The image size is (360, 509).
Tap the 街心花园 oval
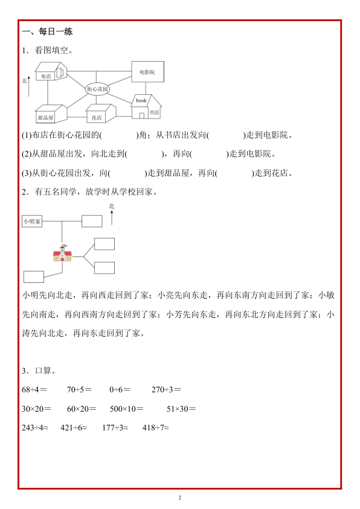pyautogui.click(x=97, y=89)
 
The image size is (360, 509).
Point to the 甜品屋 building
pyautogui.click(x=50, y=114)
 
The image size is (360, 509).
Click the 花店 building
pyautogui.click(x=100, y=114)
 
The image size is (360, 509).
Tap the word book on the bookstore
pyautogui.click(x=141, y=100)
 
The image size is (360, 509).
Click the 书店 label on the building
pyautogui.click(x=154, y=112)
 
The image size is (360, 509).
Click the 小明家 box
pyautogui.click(x=32, y=222)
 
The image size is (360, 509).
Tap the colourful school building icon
pyautogui.click(x=62, y=254)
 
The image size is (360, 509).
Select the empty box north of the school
pyautogui.click(x=92, y=220)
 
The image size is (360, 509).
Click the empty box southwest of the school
pyautogui.click(x=34, y=276)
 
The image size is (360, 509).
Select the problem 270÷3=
pyautogui.click(x=166, y=389)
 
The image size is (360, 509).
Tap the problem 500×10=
pyautogui.click(x=126, y=409)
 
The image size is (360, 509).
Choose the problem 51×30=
pyautogui.click(x=181, y=409)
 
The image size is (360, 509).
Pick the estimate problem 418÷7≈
pyautogui.click(x=156, y=428)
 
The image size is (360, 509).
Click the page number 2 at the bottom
pyautogui.click(x=180, y=498)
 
